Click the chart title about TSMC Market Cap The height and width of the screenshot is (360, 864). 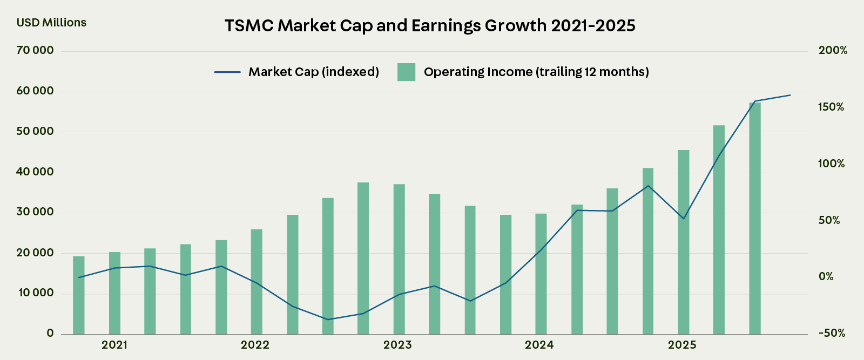click(430, 25)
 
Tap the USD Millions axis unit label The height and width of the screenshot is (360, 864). click(51, 23)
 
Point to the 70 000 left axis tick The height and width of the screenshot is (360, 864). click(35, 51)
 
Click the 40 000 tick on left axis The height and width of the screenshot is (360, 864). click(35, 172)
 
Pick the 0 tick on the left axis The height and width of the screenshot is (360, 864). click(50, 333)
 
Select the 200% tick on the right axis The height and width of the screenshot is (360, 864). click(833, 51)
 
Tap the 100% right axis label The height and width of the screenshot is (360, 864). click(832, 164)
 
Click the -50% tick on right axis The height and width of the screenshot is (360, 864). click(832, 333)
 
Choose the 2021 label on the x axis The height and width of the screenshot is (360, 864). click(114, 345)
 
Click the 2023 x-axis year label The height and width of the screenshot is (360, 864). click(397, 345)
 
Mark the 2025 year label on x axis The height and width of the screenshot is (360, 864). click(682, 345)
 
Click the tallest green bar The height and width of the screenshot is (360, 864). click(754, 216)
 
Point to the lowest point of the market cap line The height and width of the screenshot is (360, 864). click(327, 320)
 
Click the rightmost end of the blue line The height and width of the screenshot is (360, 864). click(790, 95)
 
